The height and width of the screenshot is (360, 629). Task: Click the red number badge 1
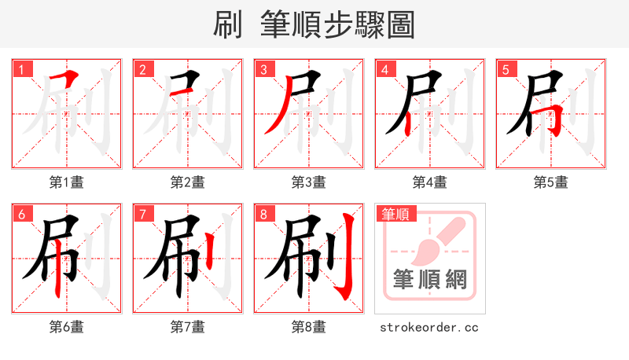click(x=21, y=70)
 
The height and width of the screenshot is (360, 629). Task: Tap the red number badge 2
click(x=142, y=70)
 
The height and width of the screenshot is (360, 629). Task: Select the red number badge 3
click(x=263, y=70)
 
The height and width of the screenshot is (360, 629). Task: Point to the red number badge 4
click(x=384, y=70)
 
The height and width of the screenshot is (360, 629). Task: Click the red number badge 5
click(x=506, y=70)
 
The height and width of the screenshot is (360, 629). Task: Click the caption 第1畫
click(x=66, y=182)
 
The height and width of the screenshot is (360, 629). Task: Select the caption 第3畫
click(x=308, y=182)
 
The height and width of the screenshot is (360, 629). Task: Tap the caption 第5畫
click(x=550, y=182)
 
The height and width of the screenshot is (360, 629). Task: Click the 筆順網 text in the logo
click(x=429, y=281)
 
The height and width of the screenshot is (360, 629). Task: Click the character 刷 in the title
click(x=228, y=25)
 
